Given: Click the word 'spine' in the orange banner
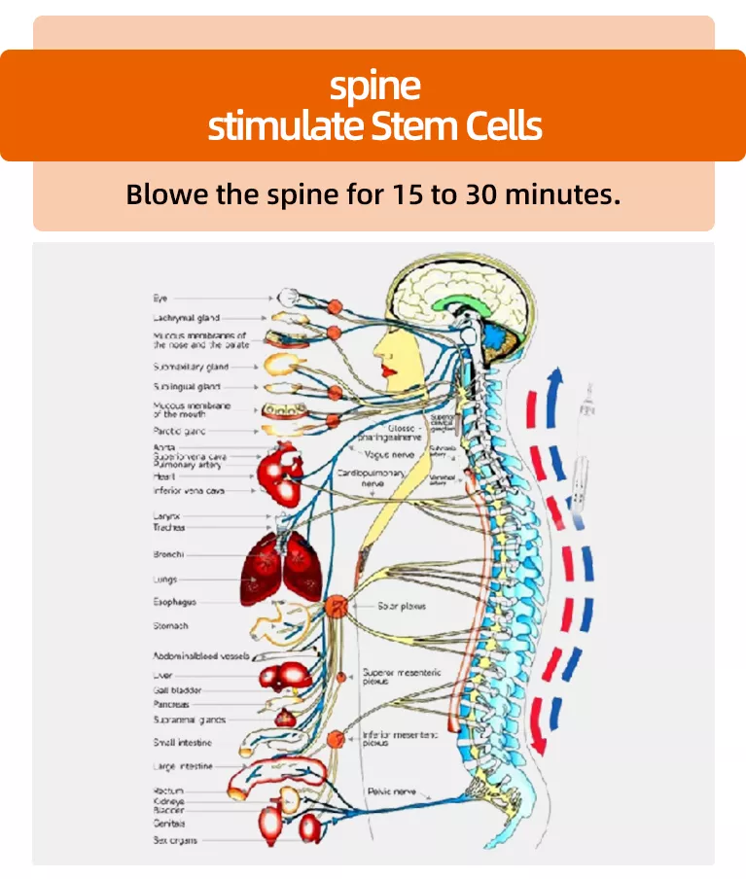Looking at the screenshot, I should [x=374, y=87].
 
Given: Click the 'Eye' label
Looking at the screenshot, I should [x=160, y=298].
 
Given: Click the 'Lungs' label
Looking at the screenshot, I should [x=164, y=580].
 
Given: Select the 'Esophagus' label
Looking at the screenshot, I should [x=175, y=602].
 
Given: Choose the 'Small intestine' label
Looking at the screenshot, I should [x=182, y=743].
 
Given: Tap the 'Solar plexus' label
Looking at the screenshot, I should [x=402, y=606].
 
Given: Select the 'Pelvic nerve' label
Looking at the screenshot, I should [x=391, y=791].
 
